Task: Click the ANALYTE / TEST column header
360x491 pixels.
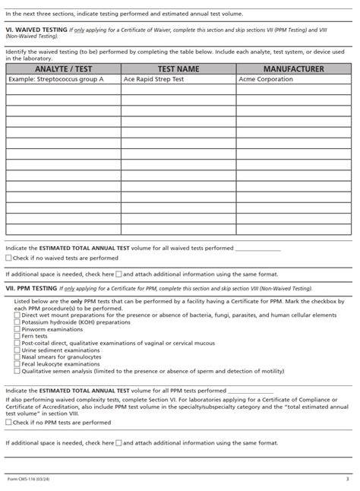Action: coord(63,69)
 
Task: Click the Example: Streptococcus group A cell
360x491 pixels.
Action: coord(63,78)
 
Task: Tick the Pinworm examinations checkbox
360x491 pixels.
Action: coord(17,329)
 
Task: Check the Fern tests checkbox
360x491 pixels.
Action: coord(17,336)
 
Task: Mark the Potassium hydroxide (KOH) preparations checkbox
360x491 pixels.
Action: coord(17,322)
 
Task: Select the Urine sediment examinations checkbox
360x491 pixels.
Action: coord(17,350)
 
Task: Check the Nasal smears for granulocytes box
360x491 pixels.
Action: coord(17,356)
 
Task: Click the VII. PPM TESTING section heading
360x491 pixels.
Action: coord(31,289)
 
